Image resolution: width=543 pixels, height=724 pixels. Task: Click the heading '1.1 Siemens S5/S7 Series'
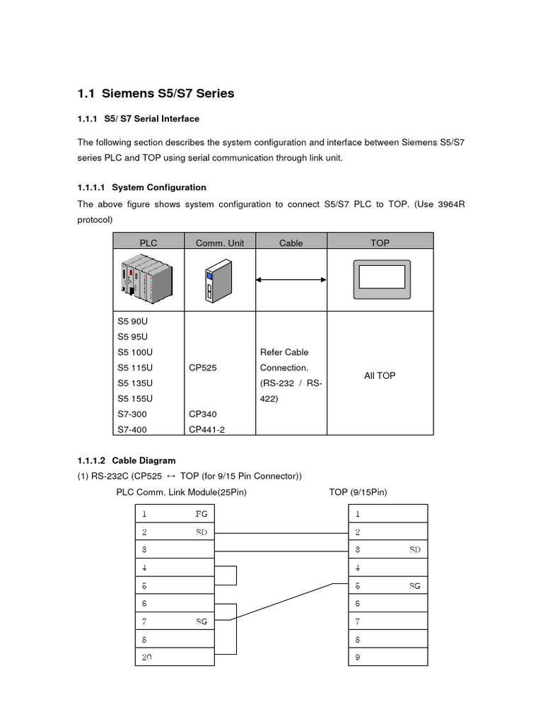pos(156,93)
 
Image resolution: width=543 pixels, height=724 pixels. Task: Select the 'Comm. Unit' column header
pos(219,243)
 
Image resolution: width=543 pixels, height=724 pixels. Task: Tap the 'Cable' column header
pos(291,243)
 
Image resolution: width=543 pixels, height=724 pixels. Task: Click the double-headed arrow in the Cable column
pos(291,281)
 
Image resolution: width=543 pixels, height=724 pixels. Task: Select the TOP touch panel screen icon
pos(380,281)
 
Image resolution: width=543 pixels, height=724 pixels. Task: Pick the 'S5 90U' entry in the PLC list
pos(132,321)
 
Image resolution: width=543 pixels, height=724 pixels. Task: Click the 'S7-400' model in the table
pos(132,429)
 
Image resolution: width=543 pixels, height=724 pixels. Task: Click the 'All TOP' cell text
pos(380,375)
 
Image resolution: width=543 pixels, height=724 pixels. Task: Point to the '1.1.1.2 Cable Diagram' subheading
pos(127,460)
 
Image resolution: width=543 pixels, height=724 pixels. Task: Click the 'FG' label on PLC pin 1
pos(202,514)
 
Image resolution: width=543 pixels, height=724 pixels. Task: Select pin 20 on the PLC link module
pos(146,658)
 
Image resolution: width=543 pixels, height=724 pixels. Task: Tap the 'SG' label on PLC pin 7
pos(202,621)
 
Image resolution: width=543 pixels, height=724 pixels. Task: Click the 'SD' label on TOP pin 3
pos(414,549)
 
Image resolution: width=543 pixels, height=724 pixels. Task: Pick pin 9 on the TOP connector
pos(358,658)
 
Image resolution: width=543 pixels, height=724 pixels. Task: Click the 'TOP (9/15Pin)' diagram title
pos(358,491)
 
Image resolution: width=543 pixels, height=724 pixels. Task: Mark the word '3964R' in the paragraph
pos(451,204)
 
